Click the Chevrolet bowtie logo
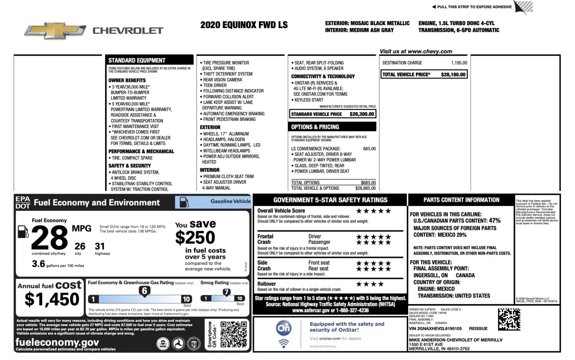click(55, 31)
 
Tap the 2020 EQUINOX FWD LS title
click(244, 25)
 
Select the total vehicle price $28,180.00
click(453, 75)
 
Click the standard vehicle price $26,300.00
click(362, 114)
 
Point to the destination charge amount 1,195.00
click(459, 63)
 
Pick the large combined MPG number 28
click(49, 238)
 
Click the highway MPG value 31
click(100, 246)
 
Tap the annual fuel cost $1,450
click(52, 299)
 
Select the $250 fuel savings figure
click(195, 237)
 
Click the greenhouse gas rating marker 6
click(144, 291)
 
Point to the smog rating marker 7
click(226, 292)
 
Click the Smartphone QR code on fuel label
click(234, 334)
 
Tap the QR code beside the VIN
click(509, 319)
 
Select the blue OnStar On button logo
click(284, 328)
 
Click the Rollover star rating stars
click(370, 284)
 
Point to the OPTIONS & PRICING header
click(315, 127)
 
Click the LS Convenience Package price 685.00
click(369, 149)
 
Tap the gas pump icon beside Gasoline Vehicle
click(184, 202)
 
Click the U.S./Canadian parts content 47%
click(494, 221)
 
